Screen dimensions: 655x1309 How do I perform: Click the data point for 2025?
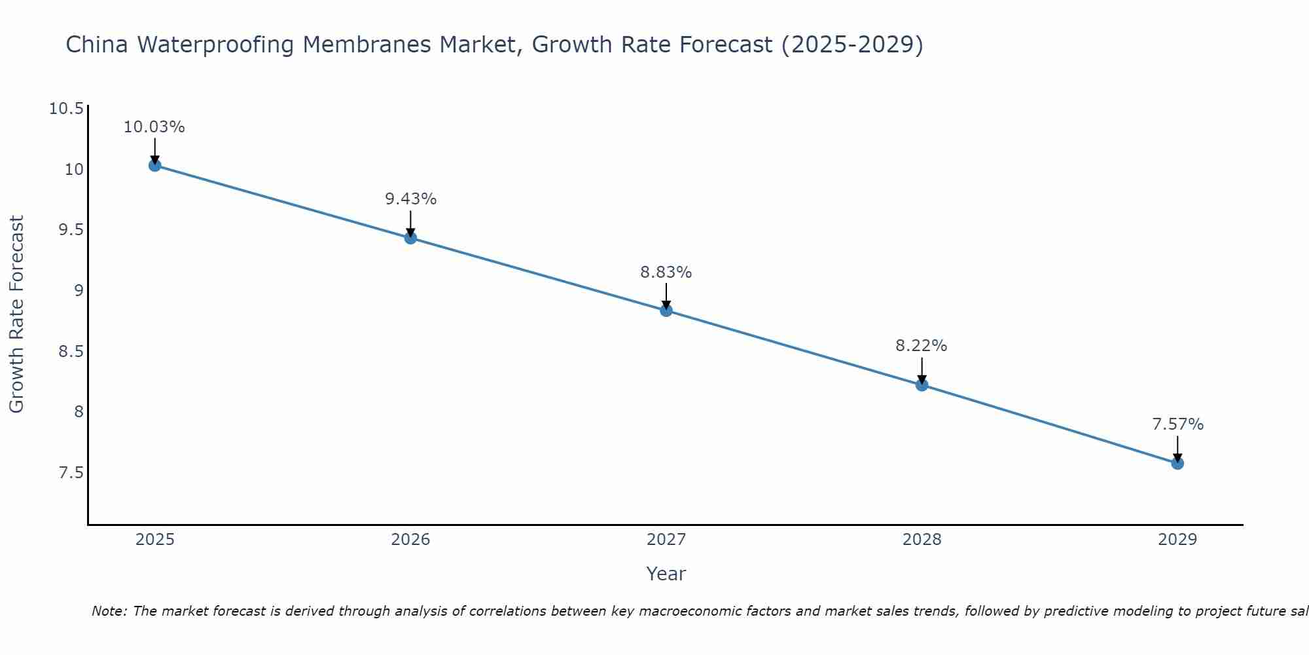[x=154, y=165]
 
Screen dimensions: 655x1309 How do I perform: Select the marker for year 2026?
[x=410, y=238]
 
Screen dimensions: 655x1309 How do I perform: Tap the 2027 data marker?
[x=666, y=310]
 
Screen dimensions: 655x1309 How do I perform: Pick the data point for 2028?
[x=922, y=384]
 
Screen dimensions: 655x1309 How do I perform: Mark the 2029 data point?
[x=1177, y=463]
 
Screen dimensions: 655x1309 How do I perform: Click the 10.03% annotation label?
[x=154, y=127]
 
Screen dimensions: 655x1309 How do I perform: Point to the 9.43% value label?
[x=410, y=199]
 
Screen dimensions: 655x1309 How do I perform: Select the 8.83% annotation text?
[x=666, y=272]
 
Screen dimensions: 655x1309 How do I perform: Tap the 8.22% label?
[x=922, y=346]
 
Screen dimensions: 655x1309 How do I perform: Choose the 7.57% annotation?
[x=1177, y=424]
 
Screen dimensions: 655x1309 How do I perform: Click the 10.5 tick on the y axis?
[x=67, y=109]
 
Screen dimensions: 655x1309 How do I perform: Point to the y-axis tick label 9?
[x=79, y=290]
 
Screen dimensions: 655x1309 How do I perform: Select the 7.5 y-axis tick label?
[x=71, y=472]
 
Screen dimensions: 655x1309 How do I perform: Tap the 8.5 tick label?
[x=71, y=351]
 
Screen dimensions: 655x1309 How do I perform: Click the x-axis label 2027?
[x=666, y=540]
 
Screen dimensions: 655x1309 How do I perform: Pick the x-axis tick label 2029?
[x=1177, y=540]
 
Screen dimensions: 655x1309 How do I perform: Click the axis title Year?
[x=666, y=574]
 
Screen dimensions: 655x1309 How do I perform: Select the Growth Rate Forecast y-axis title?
[x=17, y=314]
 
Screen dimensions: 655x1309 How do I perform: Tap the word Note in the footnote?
[x=109, y=611]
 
